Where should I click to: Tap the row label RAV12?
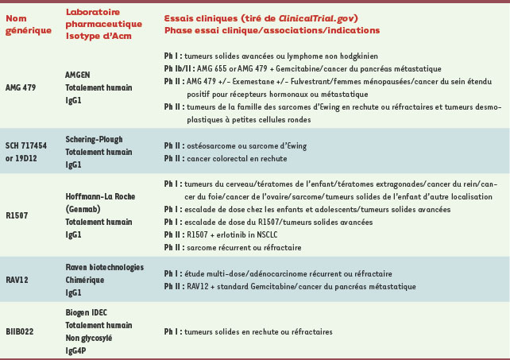tap(17, 281)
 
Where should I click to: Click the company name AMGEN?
tap(78, 72)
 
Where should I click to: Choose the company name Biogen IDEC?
tap(87, 312)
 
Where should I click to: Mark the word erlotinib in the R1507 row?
tap(230, 235)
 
